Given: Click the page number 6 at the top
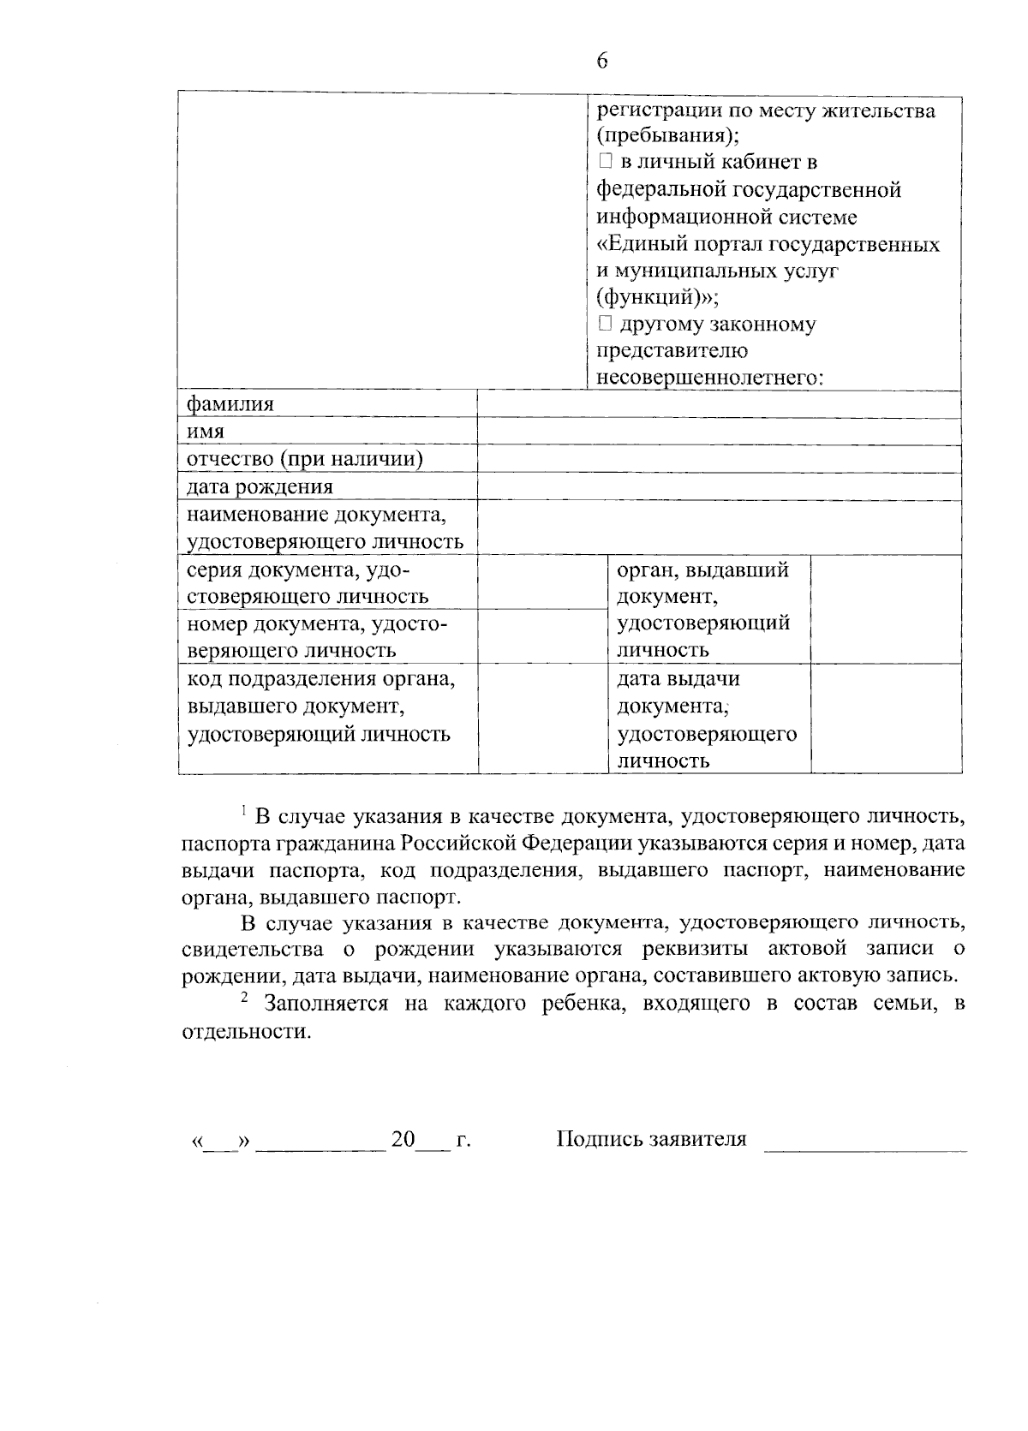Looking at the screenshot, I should click(x=602, y=61).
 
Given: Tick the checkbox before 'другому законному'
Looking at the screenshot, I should click(x=605, y=324).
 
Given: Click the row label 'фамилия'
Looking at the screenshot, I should click(x=230, y=404).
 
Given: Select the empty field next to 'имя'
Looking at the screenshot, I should click(x=718, y=432).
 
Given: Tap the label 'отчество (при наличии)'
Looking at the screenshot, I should click(x=305, y=459).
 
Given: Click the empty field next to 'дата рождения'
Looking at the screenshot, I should click(x=718, y=486).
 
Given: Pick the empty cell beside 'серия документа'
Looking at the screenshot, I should click(x=542, y=582).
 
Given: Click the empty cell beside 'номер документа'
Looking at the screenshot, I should click(x=542, y=636).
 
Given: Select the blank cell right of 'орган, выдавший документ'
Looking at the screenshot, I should click(x=885, y=609).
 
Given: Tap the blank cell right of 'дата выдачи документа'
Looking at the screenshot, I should click(x=885, y=718).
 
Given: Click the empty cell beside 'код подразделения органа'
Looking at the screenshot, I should click(x=542, y=718).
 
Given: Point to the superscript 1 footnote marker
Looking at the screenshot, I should click(x=244, y=809).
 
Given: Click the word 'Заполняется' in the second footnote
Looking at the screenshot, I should click(x=325, y=1004).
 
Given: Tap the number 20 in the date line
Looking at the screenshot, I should click(x=403, y=1140).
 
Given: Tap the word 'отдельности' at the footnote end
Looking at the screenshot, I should click(x=243, y=1031).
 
